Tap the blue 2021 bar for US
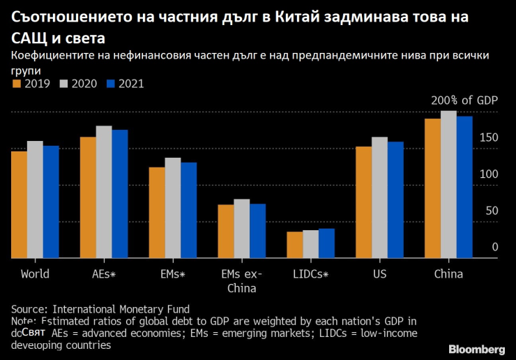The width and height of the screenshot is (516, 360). coord(395,200)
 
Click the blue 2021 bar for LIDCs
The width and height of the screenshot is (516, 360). coord(326,243)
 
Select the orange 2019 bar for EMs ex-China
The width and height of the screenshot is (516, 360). coord(226,231)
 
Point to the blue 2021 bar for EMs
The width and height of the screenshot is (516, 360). coord(188,210)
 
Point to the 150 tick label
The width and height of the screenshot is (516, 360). coord(489,137)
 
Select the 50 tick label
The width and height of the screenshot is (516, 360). coord(492,210)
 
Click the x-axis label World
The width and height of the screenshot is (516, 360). coord(35,273)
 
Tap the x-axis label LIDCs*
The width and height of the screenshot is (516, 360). coord(310,273)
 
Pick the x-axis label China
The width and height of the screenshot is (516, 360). coord(448,273)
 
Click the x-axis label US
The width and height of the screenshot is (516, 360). coord(379,273)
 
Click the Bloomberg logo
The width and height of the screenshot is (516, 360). coord(476,348)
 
